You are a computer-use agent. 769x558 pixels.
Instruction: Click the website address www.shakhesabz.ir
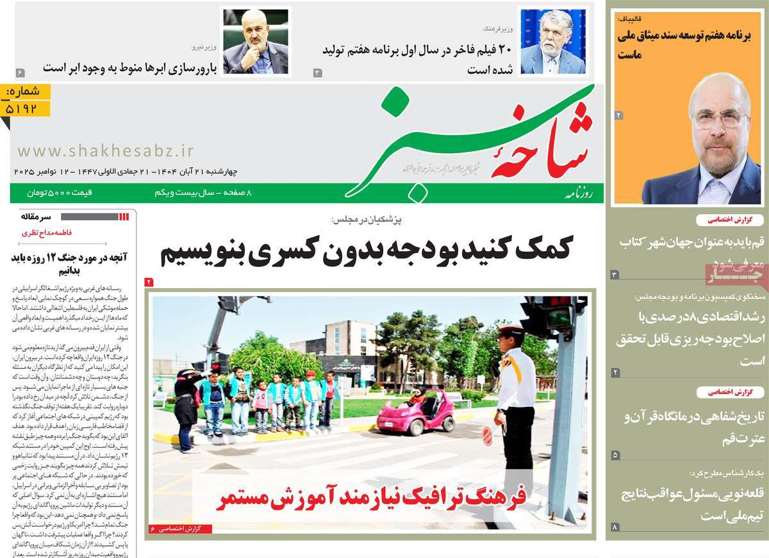point(105,151)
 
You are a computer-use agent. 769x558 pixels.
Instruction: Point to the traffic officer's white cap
point(510,332)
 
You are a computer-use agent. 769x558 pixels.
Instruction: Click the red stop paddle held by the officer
point(488,436)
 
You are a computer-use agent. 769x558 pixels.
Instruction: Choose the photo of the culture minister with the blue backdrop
point(553,42)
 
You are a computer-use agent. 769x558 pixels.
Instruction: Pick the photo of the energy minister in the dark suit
point(255,42)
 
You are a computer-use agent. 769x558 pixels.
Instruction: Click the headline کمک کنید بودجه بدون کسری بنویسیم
point(365,249)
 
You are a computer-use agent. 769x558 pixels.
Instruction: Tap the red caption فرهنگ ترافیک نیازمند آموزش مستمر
point(370,497)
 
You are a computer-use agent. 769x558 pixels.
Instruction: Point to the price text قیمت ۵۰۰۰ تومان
point(60,192)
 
